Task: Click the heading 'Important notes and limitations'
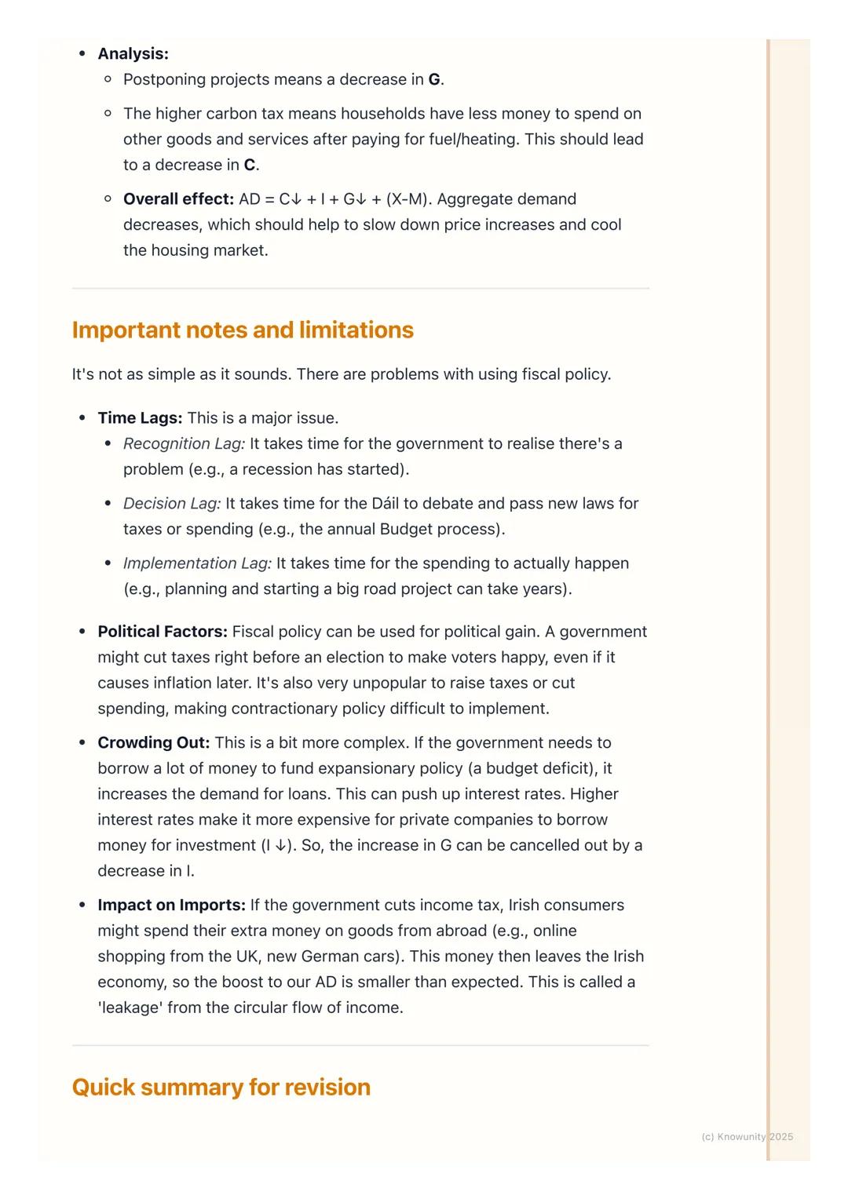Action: click(243, 330)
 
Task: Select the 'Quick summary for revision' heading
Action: click(221, 1088)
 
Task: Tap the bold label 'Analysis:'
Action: click(133, 54)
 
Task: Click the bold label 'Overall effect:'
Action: click(178, 199)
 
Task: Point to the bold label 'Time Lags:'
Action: click(140, 418)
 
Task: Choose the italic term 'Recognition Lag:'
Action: click(184, 444)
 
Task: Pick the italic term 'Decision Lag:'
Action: click(172, 504)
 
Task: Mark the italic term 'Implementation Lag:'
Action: click(197, 563)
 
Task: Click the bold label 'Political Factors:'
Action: click(163, 632)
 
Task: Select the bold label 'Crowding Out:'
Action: click(153, 743)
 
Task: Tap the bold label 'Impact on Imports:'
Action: click(171, 906)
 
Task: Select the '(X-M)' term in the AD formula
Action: click(407, 199)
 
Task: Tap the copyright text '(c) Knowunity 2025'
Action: click(747, 1137)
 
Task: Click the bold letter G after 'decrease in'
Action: click(434, 80)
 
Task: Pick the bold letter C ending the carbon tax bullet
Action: click(249, 166)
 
